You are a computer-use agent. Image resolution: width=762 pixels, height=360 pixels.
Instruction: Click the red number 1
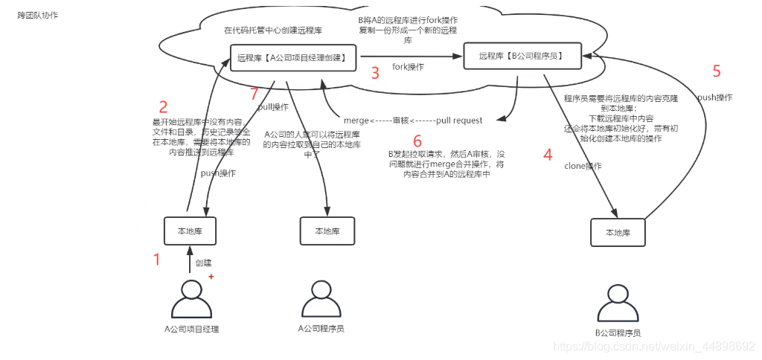(x=157, y=260)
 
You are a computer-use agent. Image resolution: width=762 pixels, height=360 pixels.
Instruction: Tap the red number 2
(x=163, y=106)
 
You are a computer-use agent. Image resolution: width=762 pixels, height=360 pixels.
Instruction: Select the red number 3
(x=375, y=73)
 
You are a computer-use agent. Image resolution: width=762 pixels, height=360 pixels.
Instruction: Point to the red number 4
(x=548, y=155)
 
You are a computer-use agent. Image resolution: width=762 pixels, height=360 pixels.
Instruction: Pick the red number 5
(x=717, y=71)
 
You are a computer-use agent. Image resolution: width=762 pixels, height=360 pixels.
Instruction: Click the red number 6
(x=417, y=141)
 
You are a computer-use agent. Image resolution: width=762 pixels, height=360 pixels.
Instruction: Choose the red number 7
(x=254, y=94)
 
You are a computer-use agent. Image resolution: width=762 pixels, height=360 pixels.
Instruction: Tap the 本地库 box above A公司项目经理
(x=190, y=231)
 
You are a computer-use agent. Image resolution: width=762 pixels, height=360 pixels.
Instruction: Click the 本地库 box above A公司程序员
(x=327, y=231)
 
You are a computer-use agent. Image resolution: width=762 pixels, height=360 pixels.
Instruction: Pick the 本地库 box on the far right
(x=618, y=232)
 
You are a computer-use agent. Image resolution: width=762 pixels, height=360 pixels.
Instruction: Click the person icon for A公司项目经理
(x=191, y=300)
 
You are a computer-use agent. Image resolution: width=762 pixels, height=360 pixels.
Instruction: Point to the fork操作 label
(x=408, y=67)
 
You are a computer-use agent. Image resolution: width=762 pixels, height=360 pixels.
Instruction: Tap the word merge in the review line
(x=356, y=120)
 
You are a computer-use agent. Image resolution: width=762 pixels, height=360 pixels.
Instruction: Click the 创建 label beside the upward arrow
(x=203, y=263)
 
